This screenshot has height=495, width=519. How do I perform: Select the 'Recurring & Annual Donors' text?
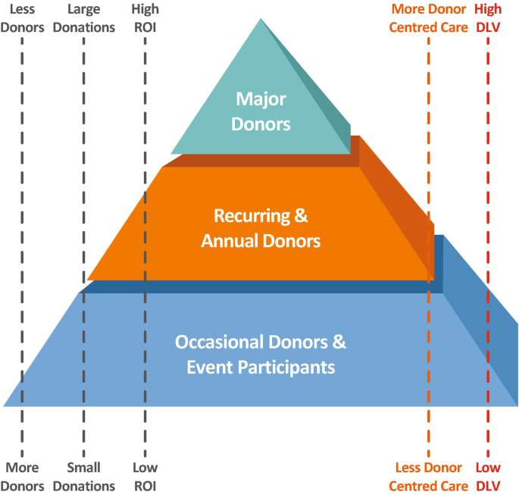pos(261,229)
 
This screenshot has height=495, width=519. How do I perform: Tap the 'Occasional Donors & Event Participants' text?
pos(261,355)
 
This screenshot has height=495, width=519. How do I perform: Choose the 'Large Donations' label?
pos(83,19)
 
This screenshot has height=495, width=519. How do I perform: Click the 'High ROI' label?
pos(145,19)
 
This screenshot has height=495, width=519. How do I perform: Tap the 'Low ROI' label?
pos(145,476)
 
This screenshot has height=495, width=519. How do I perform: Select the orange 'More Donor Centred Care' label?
pos(429,19)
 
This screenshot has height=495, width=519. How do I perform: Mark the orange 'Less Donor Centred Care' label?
pos(429,476)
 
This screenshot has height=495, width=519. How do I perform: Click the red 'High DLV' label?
pos(488,19)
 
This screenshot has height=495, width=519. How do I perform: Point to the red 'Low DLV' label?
pos(488,476)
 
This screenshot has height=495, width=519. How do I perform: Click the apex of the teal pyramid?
pos(261,20)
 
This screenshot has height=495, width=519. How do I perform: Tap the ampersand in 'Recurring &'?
pos(301,216)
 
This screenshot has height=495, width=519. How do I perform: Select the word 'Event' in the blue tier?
pos(208,368)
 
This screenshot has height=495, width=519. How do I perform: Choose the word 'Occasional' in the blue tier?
pos(216,342)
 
